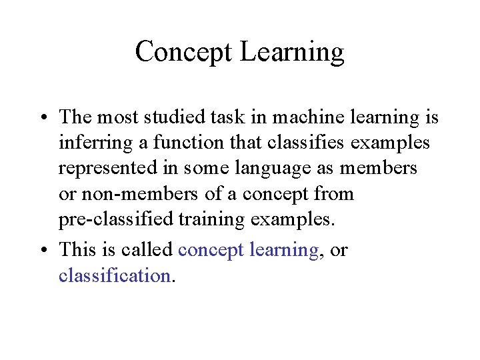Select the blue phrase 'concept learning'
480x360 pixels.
pyautogui.click(x=249, y=250)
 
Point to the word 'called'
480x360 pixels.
pyautogui.click(x=150, y=249)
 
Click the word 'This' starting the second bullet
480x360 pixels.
pyautogui.click(x=77, y=249)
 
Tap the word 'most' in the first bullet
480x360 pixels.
pyautogui.click(x=117, y=117)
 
